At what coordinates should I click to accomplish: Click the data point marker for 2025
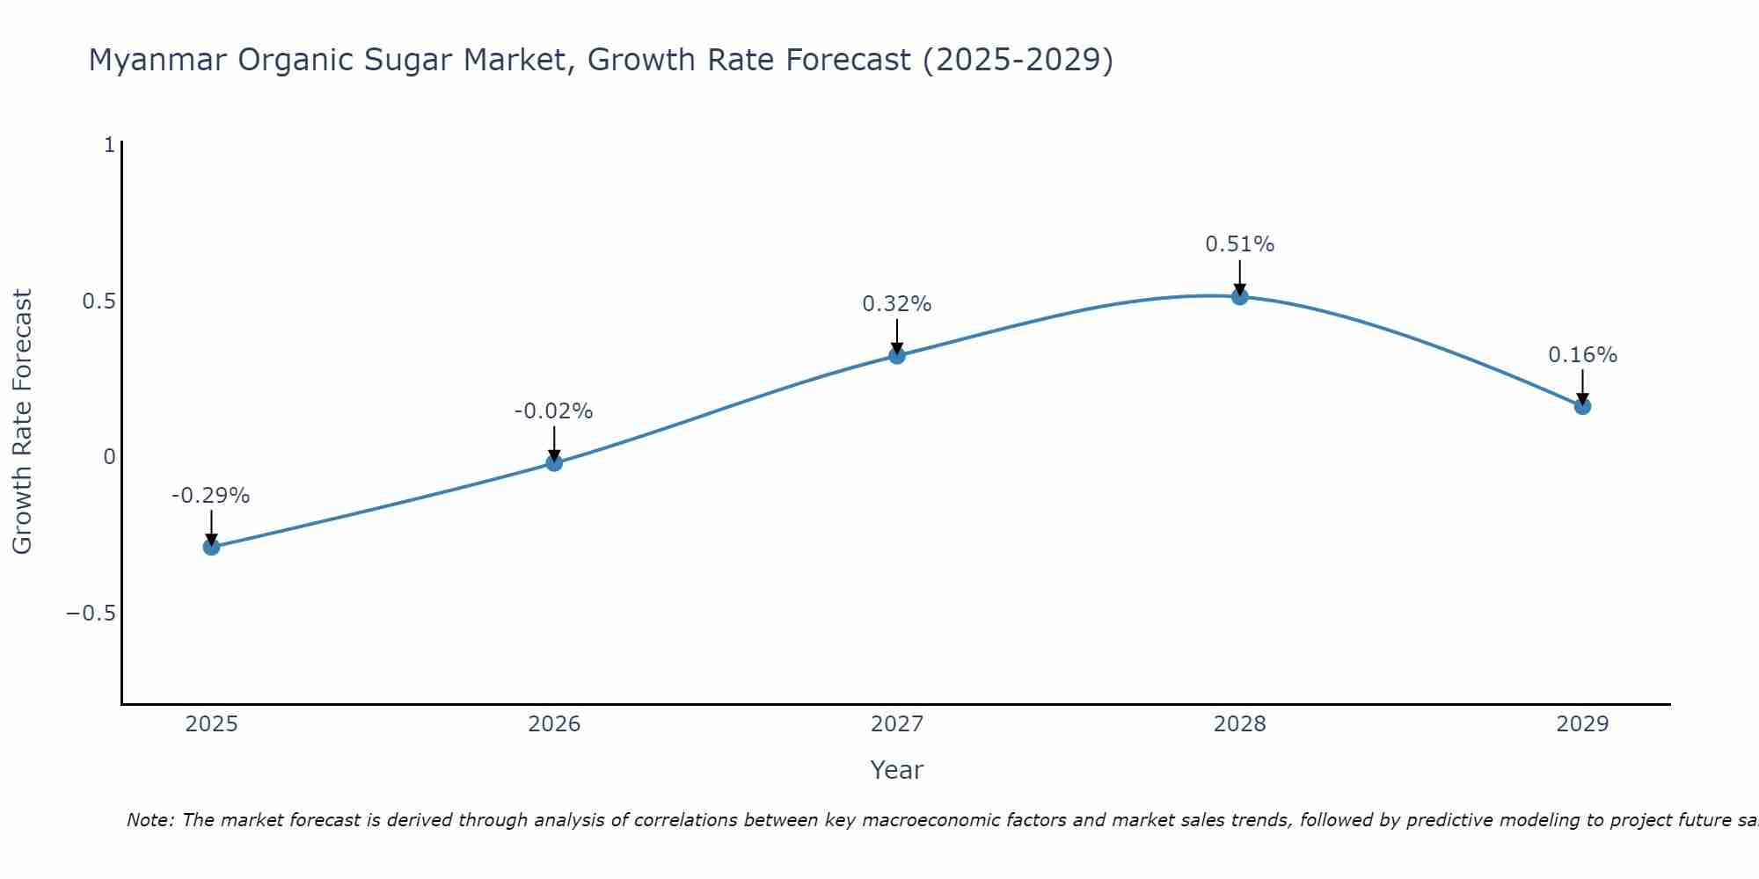(x=211, y=547)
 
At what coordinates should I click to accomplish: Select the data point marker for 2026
(x=554, y=462)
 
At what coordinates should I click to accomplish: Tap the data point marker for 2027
(x=897, y=356)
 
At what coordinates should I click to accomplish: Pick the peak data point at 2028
(x=1240, y=297)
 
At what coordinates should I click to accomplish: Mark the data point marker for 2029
(x=1582, y=406)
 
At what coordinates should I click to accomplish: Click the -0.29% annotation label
(x=210, y=496)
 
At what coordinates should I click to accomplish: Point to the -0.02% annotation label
(x=553, y=411)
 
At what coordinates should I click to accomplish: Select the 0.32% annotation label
(x=896, y=304)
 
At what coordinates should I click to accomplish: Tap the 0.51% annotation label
(x=1239, y=244)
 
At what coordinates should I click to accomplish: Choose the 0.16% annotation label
(x=1582, y=355)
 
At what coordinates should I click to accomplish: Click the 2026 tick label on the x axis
(x=554, y=724)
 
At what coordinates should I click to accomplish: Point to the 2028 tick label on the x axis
(x=1239, y=724)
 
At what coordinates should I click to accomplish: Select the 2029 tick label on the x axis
(x=1582, y=724)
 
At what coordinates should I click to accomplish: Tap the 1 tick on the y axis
(x=109, y=145)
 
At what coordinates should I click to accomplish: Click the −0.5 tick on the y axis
(x=91, y=614)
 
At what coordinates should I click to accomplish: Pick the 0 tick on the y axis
(x=109, y=457)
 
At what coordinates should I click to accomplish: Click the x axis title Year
(x=896, y=770)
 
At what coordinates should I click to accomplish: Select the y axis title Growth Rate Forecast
(x=23, y=422)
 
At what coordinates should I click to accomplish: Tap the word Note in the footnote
(x=150, y=820)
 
